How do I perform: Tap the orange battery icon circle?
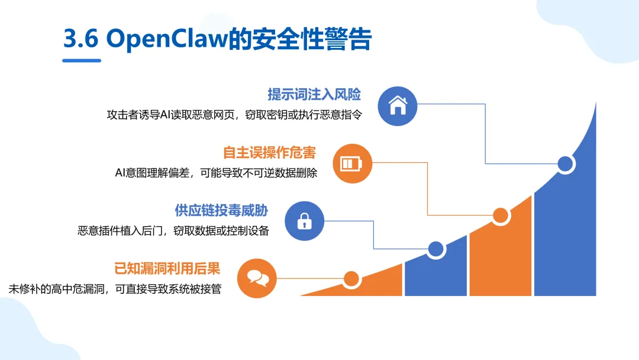[353, 163]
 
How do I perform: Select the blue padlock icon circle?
[305, 221]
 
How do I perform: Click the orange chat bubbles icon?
[257, 278]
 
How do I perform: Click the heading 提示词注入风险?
[314, 94]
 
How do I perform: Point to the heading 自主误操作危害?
[270, 152]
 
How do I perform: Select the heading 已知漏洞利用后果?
[167, 268]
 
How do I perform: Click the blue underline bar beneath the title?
[82, 60]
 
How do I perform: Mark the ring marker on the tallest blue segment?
[566, 164]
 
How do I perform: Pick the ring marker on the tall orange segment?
[501, 216]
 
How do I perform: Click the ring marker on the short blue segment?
[436, 250]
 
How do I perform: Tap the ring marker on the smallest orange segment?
[351, 278]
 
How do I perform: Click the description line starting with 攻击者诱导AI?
[234, 115]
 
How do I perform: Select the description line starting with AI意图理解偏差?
[216, 173]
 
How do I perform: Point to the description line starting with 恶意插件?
[173, 231]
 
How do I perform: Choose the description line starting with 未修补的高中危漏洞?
[115, 290]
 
